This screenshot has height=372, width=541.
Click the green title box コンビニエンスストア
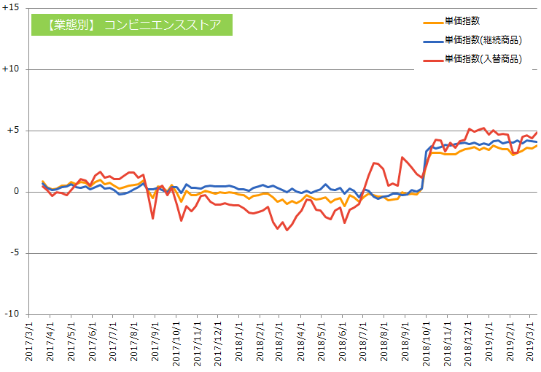coord(131,25)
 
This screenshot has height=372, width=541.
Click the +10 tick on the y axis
coord(11,69)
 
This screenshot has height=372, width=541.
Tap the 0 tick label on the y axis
coord(16,192)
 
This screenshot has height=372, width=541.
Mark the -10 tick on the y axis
coord(12,314)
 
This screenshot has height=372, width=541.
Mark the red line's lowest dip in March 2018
coord(287,230)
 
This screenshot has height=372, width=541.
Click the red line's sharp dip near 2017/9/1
coord(153,218)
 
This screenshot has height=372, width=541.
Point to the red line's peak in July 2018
coord(374,163)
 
